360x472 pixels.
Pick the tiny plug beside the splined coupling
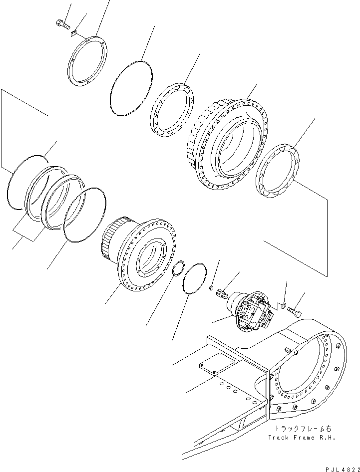211,287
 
